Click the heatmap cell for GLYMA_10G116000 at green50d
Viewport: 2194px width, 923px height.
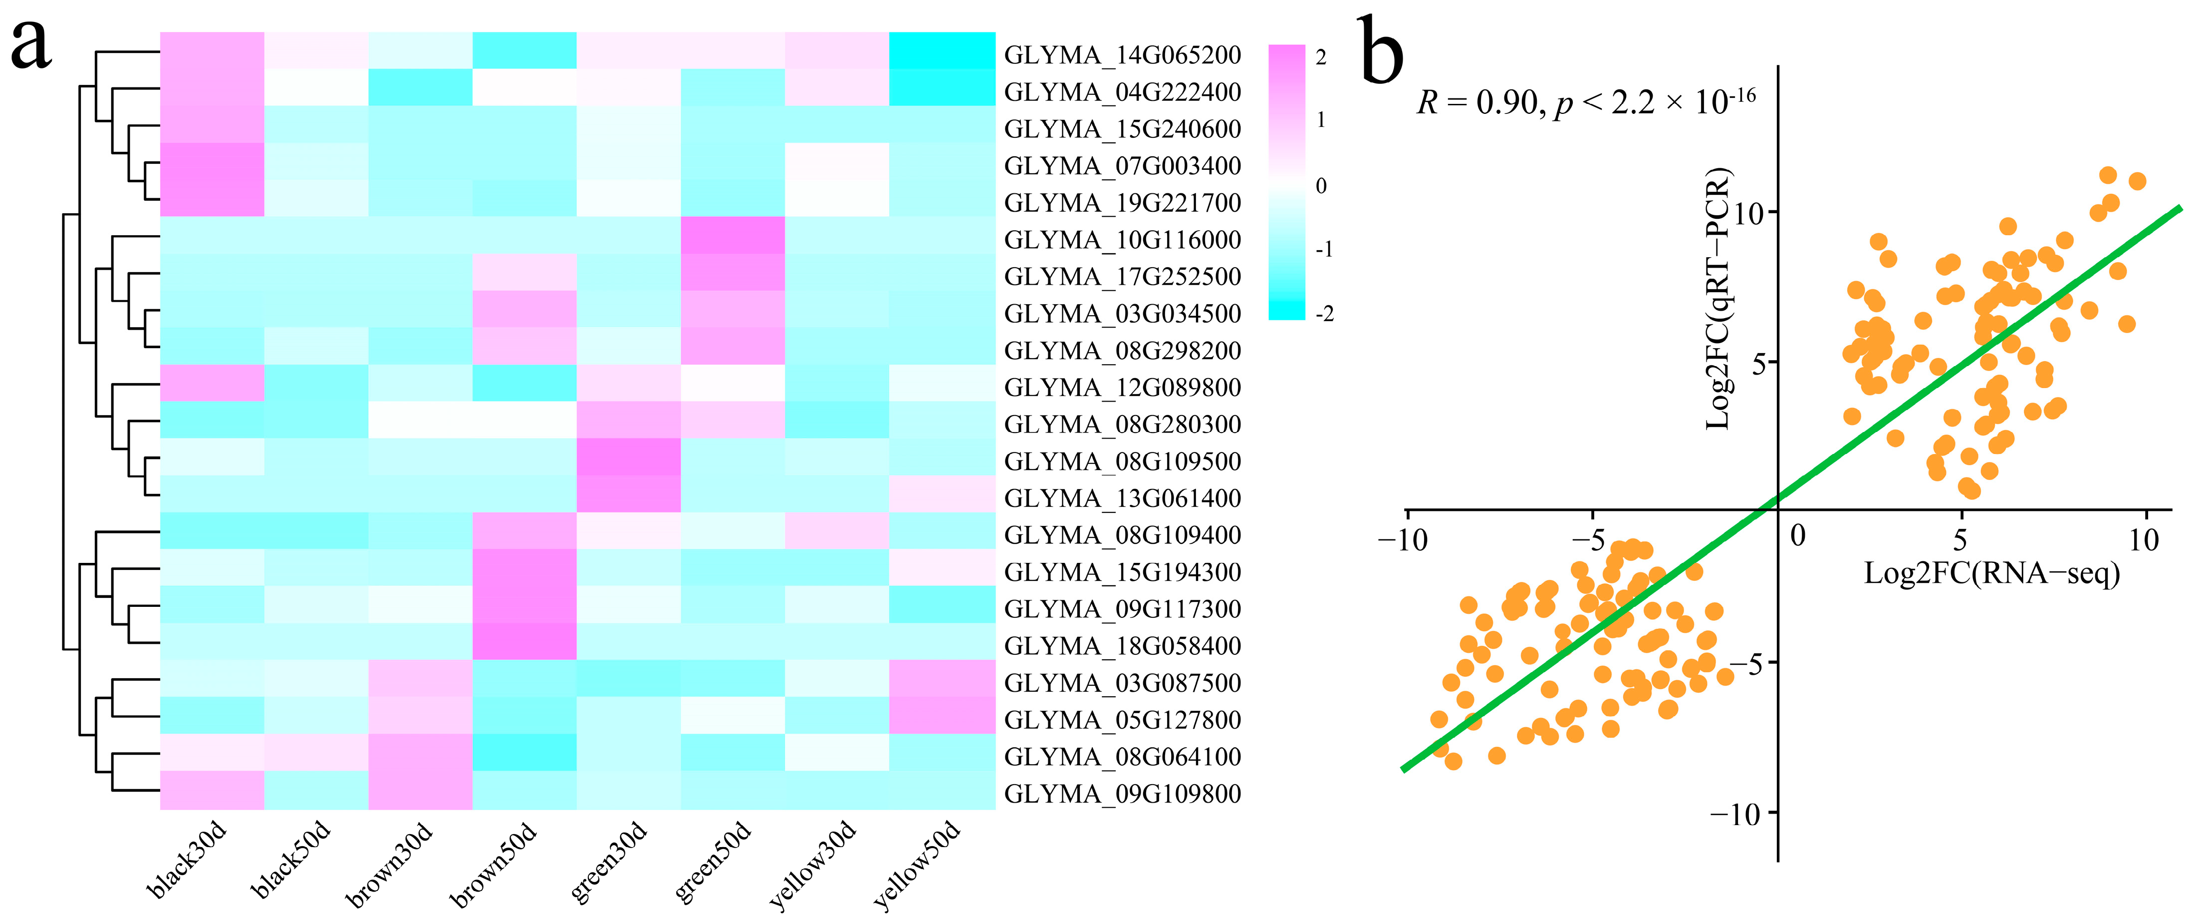pyautogui.click(x=732, y=235)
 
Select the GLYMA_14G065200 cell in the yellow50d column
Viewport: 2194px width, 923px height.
pyautogui.click(x=942, y=50)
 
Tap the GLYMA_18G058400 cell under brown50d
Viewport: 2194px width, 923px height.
pyautogui.click(x=524, y=641)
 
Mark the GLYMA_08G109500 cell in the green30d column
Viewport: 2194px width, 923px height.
pyautogui.click(x=629, y=457)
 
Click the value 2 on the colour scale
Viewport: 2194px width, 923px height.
pyautogui.click(x=1321, y=57)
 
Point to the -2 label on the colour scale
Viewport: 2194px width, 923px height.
pyautogui.click(x=1324, y=314)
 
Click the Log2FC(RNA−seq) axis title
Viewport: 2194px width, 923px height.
pyautogui.click(x=1991, y=573)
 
